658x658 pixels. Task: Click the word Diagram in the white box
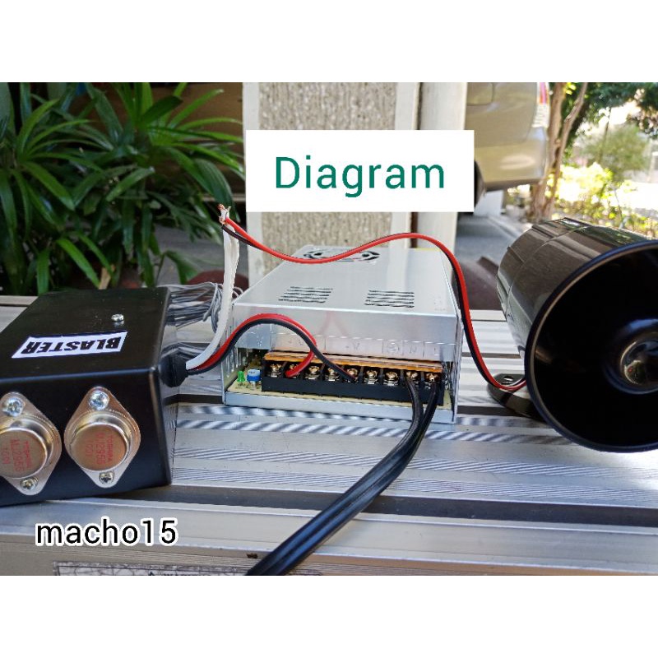click(x=359, y=173)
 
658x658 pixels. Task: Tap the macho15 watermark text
click(x=106, y=533)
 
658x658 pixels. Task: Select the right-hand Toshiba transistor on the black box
click(x=96, y=438)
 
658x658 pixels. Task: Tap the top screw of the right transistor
click(x=99, y=401)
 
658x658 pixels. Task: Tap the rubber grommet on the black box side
click(x=174, y=369)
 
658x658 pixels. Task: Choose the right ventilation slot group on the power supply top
click(x=389, y=298)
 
